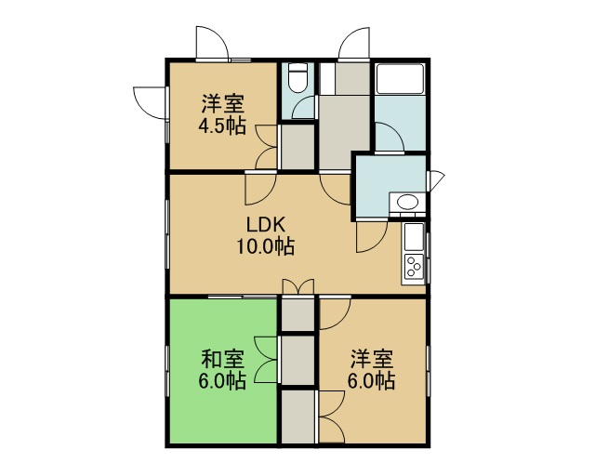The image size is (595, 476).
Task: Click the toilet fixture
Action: tap(297, 77)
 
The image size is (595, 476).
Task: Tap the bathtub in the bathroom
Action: tap(400, 79)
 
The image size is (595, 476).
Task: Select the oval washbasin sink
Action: tap(407, 202)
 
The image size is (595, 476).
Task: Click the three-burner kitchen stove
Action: tap(414, 267)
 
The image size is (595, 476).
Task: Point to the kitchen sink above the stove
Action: tap(414, 237)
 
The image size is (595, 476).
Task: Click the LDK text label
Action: tap(266, 225)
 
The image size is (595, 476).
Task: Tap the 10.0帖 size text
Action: tap(266, 246)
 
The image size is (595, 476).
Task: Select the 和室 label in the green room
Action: tap(222, 359)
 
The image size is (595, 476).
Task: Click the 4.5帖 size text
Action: tap(222, 126)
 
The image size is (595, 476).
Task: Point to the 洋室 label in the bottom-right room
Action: tap(372, 359)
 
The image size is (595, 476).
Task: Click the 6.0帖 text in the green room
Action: tap(222, 381)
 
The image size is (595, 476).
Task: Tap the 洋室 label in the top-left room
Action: tap(222, 104)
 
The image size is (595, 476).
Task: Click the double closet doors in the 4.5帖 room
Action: tap(268, 147)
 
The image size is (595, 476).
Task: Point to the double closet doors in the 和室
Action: tap(267, 360)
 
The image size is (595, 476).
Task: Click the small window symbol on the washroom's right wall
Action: tap(436, 180)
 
